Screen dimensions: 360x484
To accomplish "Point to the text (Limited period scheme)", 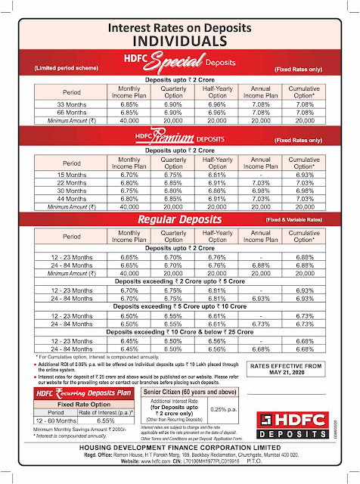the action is tap(66, 68).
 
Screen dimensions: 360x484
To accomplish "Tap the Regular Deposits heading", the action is tap(180, 219).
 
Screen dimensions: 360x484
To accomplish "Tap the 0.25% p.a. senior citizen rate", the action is tap(230, 410).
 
